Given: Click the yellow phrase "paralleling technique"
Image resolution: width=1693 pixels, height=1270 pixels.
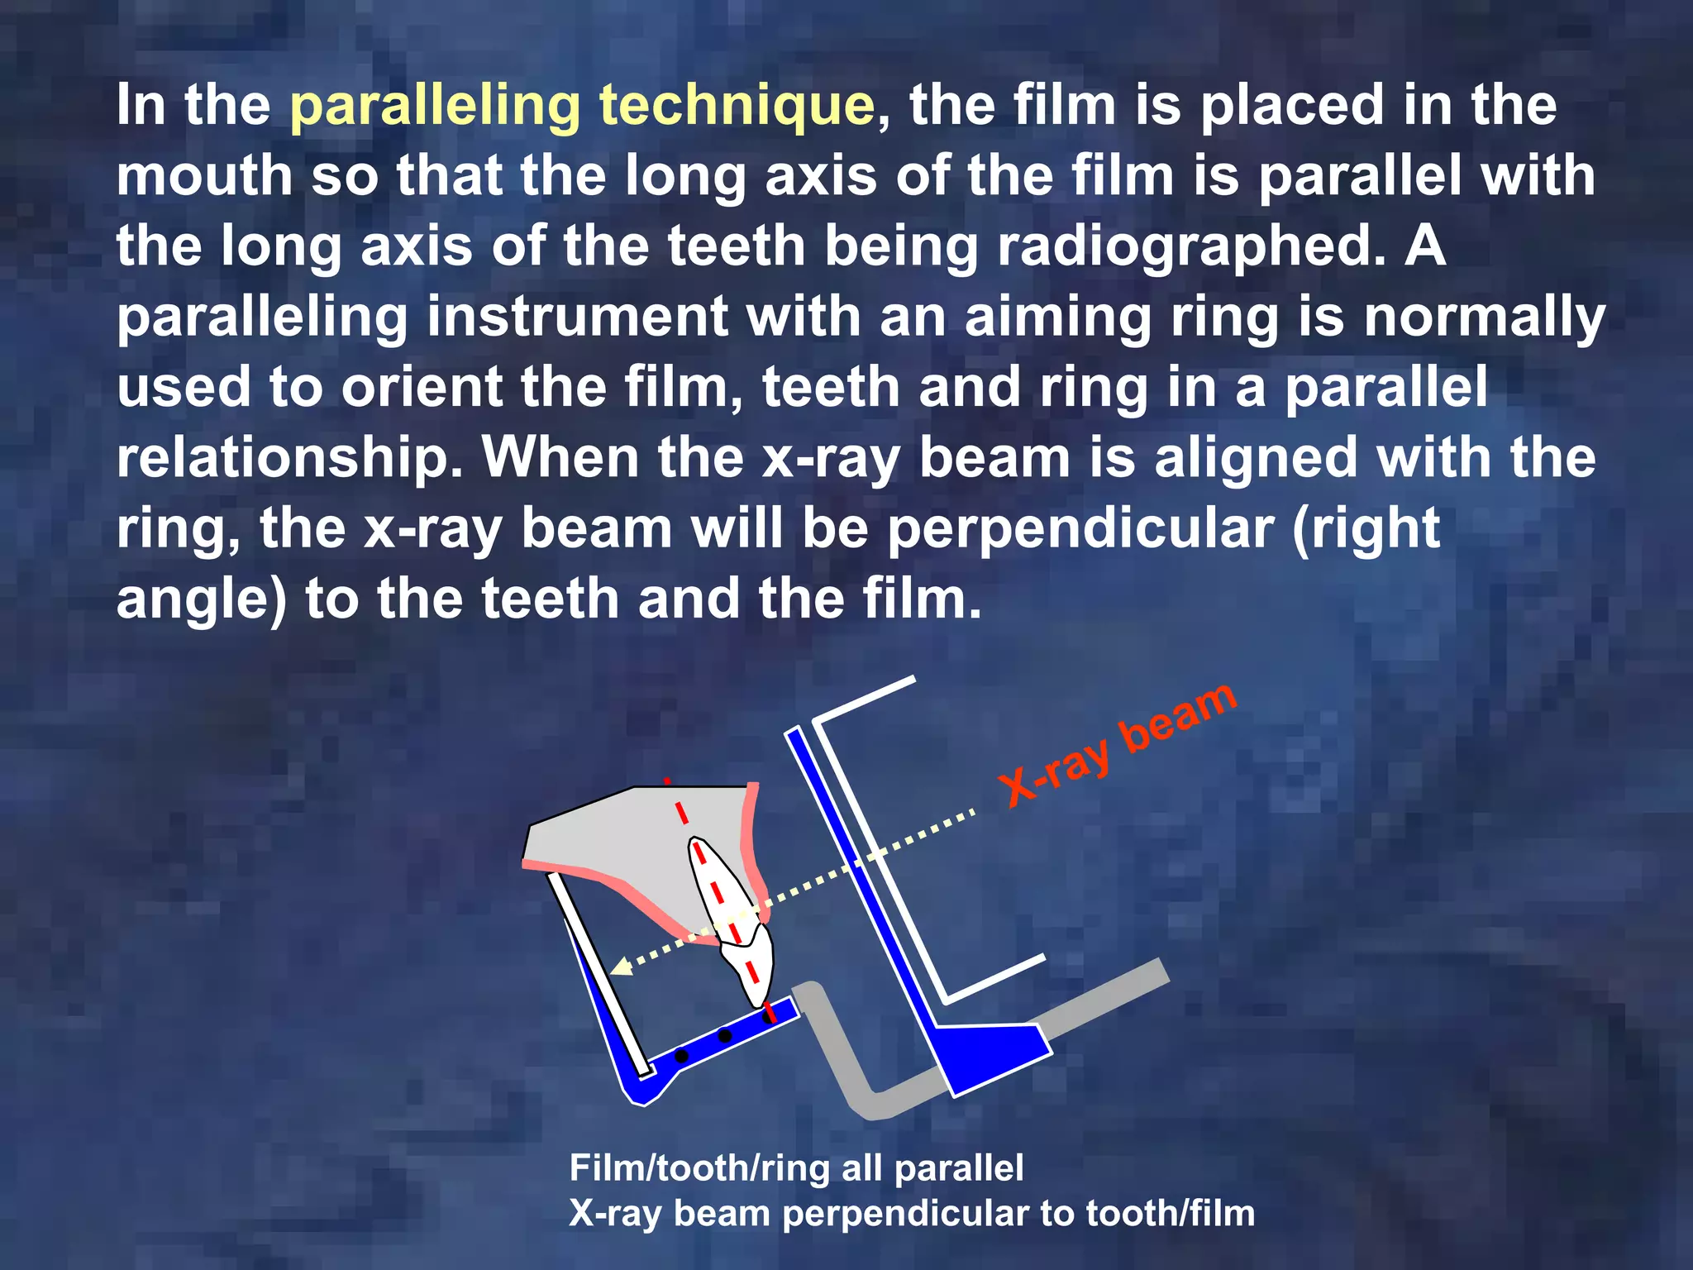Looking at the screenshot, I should [x=582, y=106].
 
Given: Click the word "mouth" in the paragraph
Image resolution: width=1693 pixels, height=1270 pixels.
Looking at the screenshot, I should [x=204, y=176].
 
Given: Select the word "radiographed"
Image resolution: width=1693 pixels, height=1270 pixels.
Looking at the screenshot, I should [x=1190, y=247].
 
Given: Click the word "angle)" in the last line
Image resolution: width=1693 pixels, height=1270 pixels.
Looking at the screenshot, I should [x=202, y=599].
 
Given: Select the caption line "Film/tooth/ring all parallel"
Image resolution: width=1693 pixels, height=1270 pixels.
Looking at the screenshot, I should [x=796, y=1168].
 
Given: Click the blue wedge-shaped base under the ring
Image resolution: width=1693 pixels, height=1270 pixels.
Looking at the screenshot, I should [x=992, y=1055].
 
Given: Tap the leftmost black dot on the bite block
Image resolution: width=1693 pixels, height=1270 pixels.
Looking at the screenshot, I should [x=681, y=1056].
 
